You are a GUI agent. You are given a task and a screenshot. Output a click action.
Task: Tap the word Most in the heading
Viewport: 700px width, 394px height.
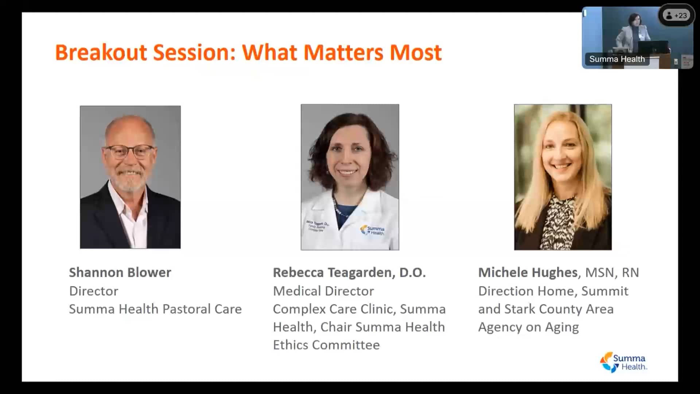click(x=416, y=53)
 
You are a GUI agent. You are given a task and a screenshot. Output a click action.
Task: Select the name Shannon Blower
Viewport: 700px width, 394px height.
click(x=120, y=273)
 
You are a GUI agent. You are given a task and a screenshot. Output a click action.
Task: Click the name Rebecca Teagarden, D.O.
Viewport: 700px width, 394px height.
click(x=349, y=273)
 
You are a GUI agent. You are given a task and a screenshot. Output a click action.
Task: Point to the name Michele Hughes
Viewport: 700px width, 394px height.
click(x=528, y=273)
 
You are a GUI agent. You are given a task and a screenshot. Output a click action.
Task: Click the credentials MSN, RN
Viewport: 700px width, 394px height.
click(x=612, y=273)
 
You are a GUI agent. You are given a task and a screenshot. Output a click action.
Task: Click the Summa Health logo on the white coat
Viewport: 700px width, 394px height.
click(x=373, y=230)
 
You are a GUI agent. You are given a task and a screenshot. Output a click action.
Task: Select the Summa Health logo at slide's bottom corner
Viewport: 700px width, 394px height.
click(x=623, y=362)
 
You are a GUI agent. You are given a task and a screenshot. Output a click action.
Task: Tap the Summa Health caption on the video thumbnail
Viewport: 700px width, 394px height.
click(x=617, y=59)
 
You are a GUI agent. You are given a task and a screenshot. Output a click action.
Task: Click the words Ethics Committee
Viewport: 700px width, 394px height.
click(x=326, y=345)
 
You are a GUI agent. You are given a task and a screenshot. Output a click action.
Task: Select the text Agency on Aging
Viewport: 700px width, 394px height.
click(x=528, y=327)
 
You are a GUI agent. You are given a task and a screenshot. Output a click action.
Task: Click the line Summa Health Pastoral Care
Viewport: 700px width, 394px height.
click(x=155, y=309)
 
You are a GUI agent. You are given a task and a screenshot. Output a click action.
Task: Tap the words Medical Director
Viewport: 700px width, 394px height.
click(x=323, y=291)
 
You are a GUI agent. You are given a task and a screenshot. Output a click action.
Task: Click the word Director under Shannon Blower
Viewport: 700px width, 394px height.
click(x=94, y=291)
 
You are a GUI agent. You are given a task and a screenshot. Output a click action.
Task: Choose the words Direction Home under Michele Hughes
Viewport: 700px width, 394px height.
click(x=526, y=291)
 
